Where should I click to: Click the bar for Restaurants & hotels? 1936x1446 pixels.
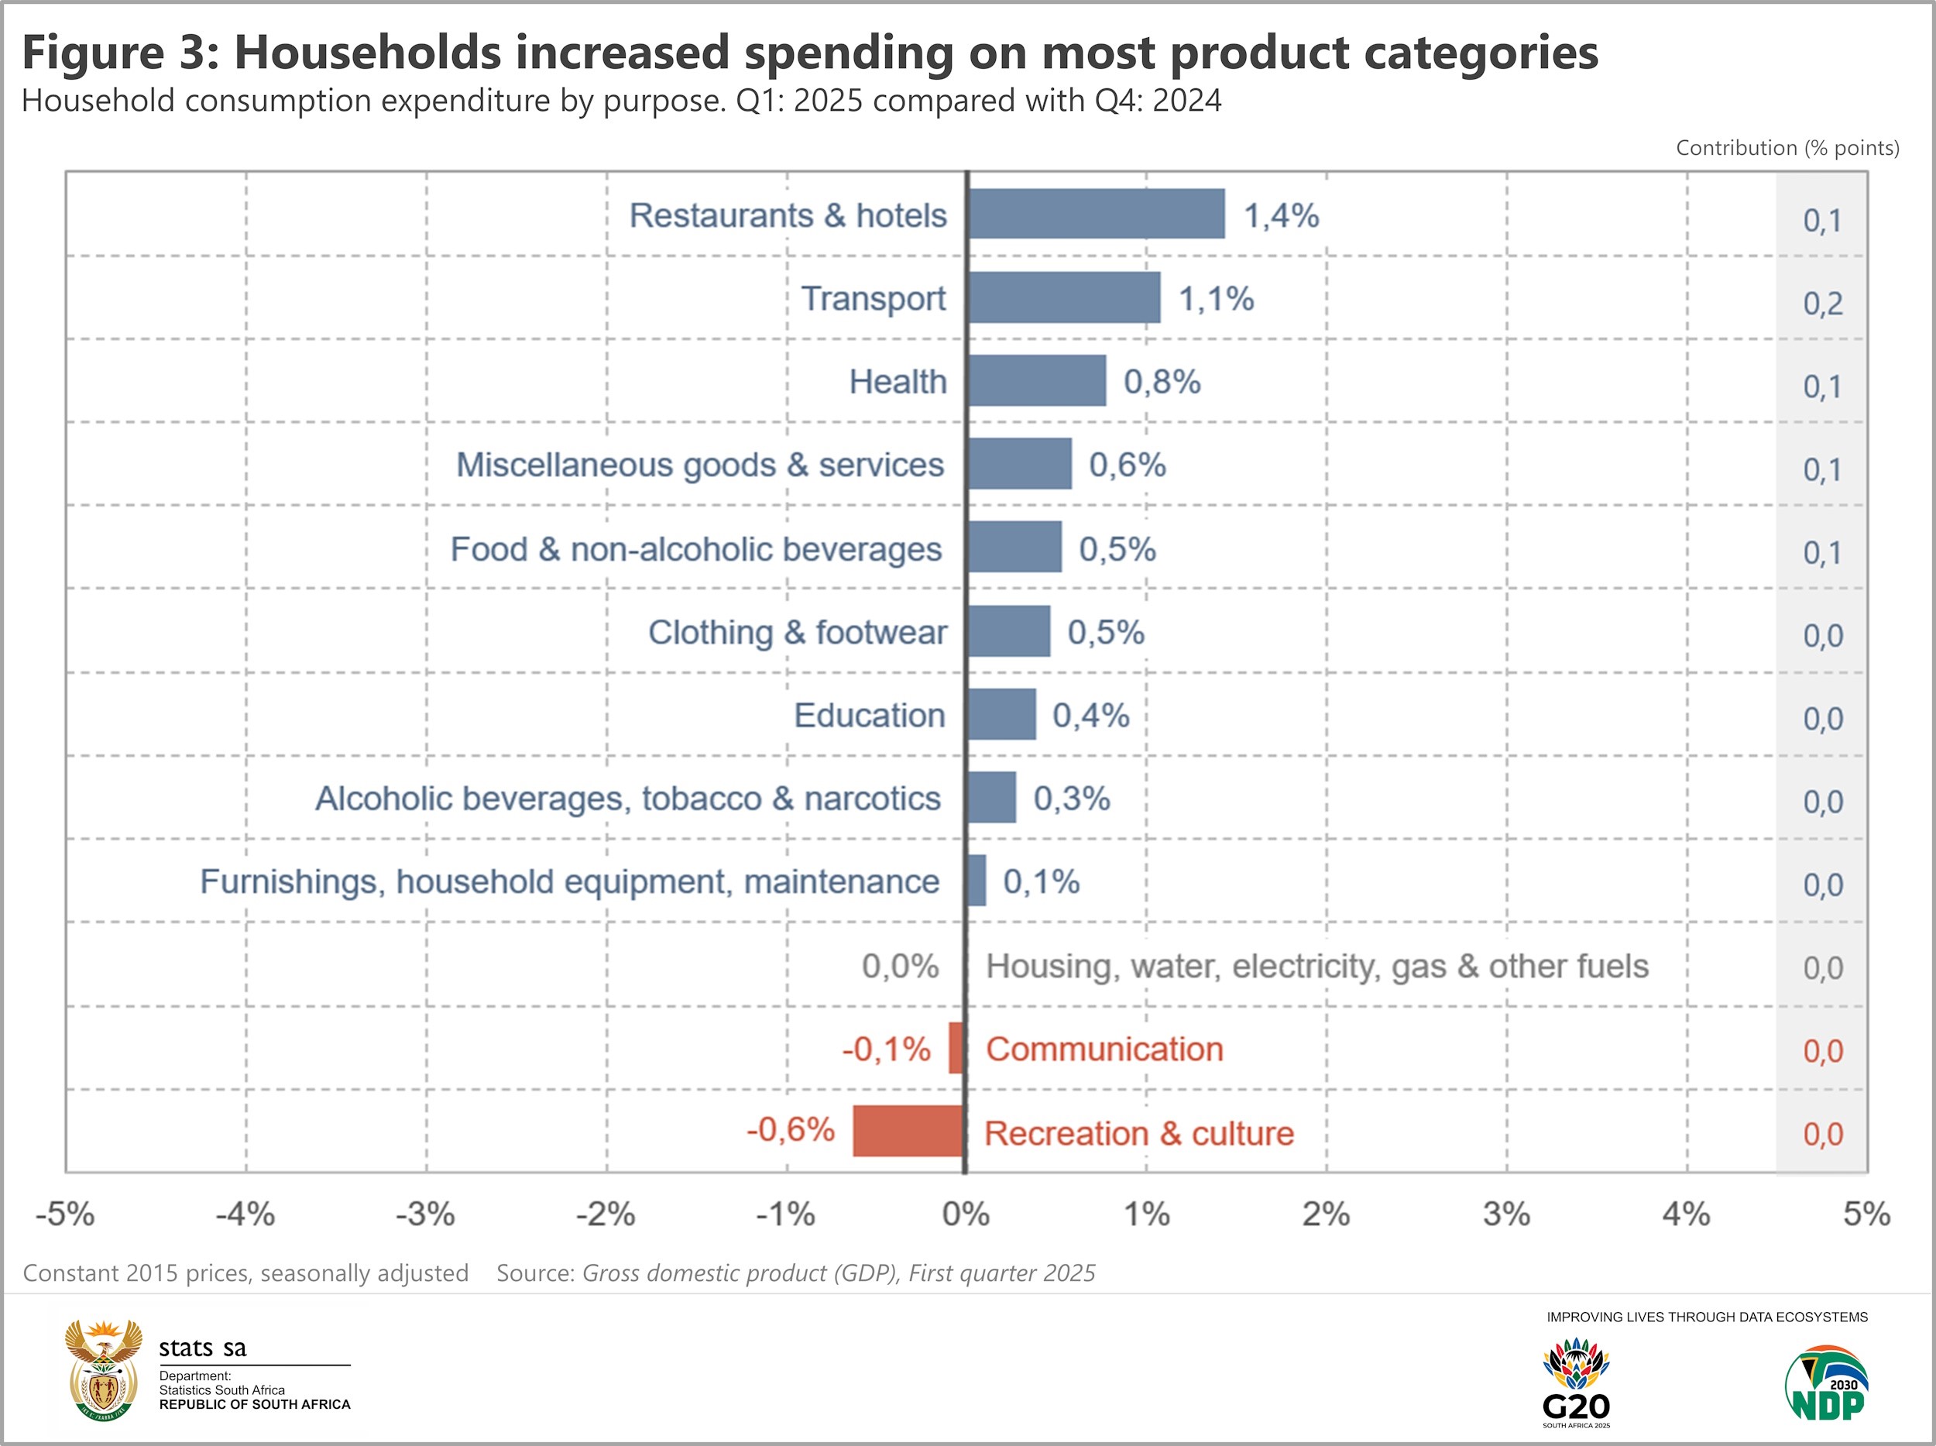tap(1096, 214)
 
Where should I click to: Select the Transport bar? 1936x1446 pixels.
tap(1063, 297)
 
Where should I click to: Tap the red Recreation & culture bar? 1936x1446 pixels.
tap(908, 1131)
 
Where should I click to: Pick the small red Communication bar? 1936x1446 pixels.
tap(956, 1048)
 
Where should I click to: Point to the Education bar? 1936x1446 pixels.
tap(1001, 714)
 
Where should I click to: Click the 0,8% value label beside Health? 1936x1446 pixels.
tap(1162, 382)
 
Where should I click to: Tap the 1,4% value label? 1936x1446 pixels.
tap(1280, 215)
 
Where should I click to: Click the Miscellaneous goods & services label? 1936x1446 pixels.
tap(699, 465)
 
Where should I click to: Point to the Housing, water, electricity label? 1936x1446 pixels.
tap(1316, 967)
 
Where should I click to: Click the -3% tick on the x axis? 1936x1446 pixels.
tap(425, 1214)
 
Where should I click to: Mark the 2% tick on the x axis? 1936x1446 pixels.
tap(1326, 1214)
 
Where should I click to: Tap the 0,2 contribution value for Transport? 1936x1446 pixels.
tap(1822, 304)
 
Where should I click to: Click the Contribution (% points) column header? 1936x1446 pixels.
tap(1787, 148)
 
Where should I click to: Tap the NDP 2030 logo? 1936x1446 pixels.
tap(1826, 1383)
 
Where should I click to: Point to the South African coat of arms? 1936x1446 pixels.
tap(103, 1370)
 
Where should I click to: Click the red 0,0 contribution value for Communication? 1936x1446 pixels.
tap(1822, 1050)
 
